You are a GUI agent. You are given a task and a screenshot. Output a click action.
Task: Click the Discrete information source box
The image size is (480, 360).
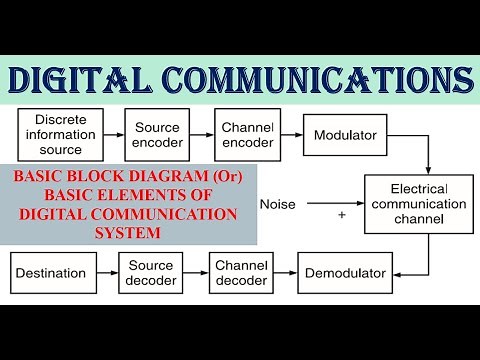[x=61, y=134]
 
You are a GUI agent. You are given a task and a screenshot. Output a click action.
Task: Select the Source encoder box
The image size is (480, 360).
[x=156, y=134]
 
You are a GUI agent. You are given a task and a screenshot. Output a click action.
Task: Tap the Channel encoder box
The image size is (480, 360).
[x=247, y=134]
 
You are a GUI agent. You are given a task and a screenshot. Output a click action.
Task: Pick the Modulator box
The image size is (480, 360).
[x=346, y=134]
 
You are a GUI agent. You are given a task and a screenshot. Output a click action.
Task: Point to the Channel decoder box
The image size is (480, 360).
[x=241, y=272]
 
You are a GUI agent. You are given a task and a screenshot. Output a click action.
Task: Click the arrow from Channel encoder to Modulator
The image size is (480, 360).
[x=291, y=134]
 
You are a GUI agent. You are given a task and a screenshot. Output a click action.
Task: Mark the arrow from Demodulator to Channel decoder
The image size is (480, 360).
[x=286, y=272]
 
